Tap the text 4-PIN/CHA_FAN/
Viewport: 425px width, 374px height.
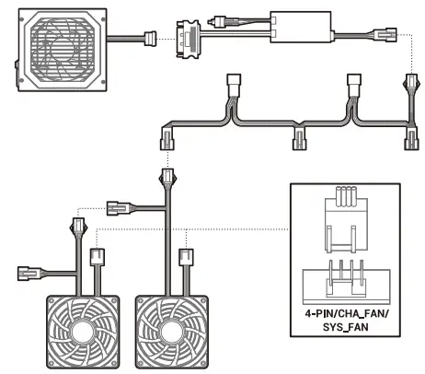click(x=346, y=313)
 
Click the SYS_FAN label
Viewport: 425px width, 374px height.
click(x=346, y=329)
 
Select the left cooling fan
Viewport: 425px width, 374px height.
click(x=85, y=333)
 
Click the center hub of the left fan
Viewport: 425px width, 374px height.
click(x=85, y=334)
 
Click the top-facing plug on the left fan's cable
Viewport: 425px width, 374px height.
click(x=76, y=224)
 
